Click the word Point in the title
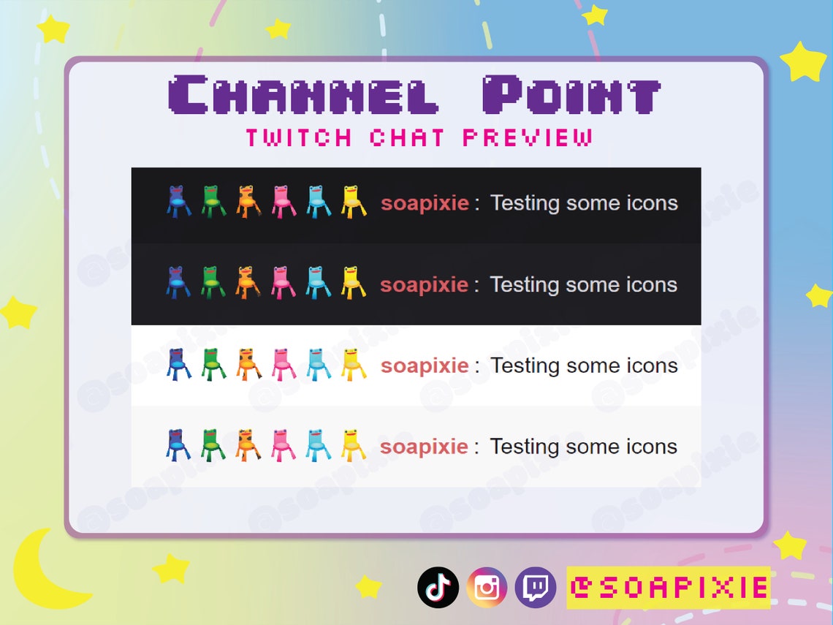click(x=571, y=95)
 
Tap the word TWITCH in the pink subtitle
click(x=298, y=137)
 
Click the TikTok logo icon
click(x=438, y=587)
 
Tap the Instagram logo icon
click(x=487, y=587)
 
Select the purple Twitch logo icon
click(x=536, y=587)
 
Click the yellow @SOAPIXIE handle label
click(x=668, y=587)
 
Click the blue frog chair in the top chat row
click(x=178, y=202)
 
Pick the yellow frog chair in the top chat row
click(x=353, y=202)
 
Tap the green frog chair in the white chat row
click(x=213, y=364)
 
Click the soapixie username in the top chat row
click(x=425, y=202)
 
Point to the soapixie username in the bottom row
click(x=425, y=446)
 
